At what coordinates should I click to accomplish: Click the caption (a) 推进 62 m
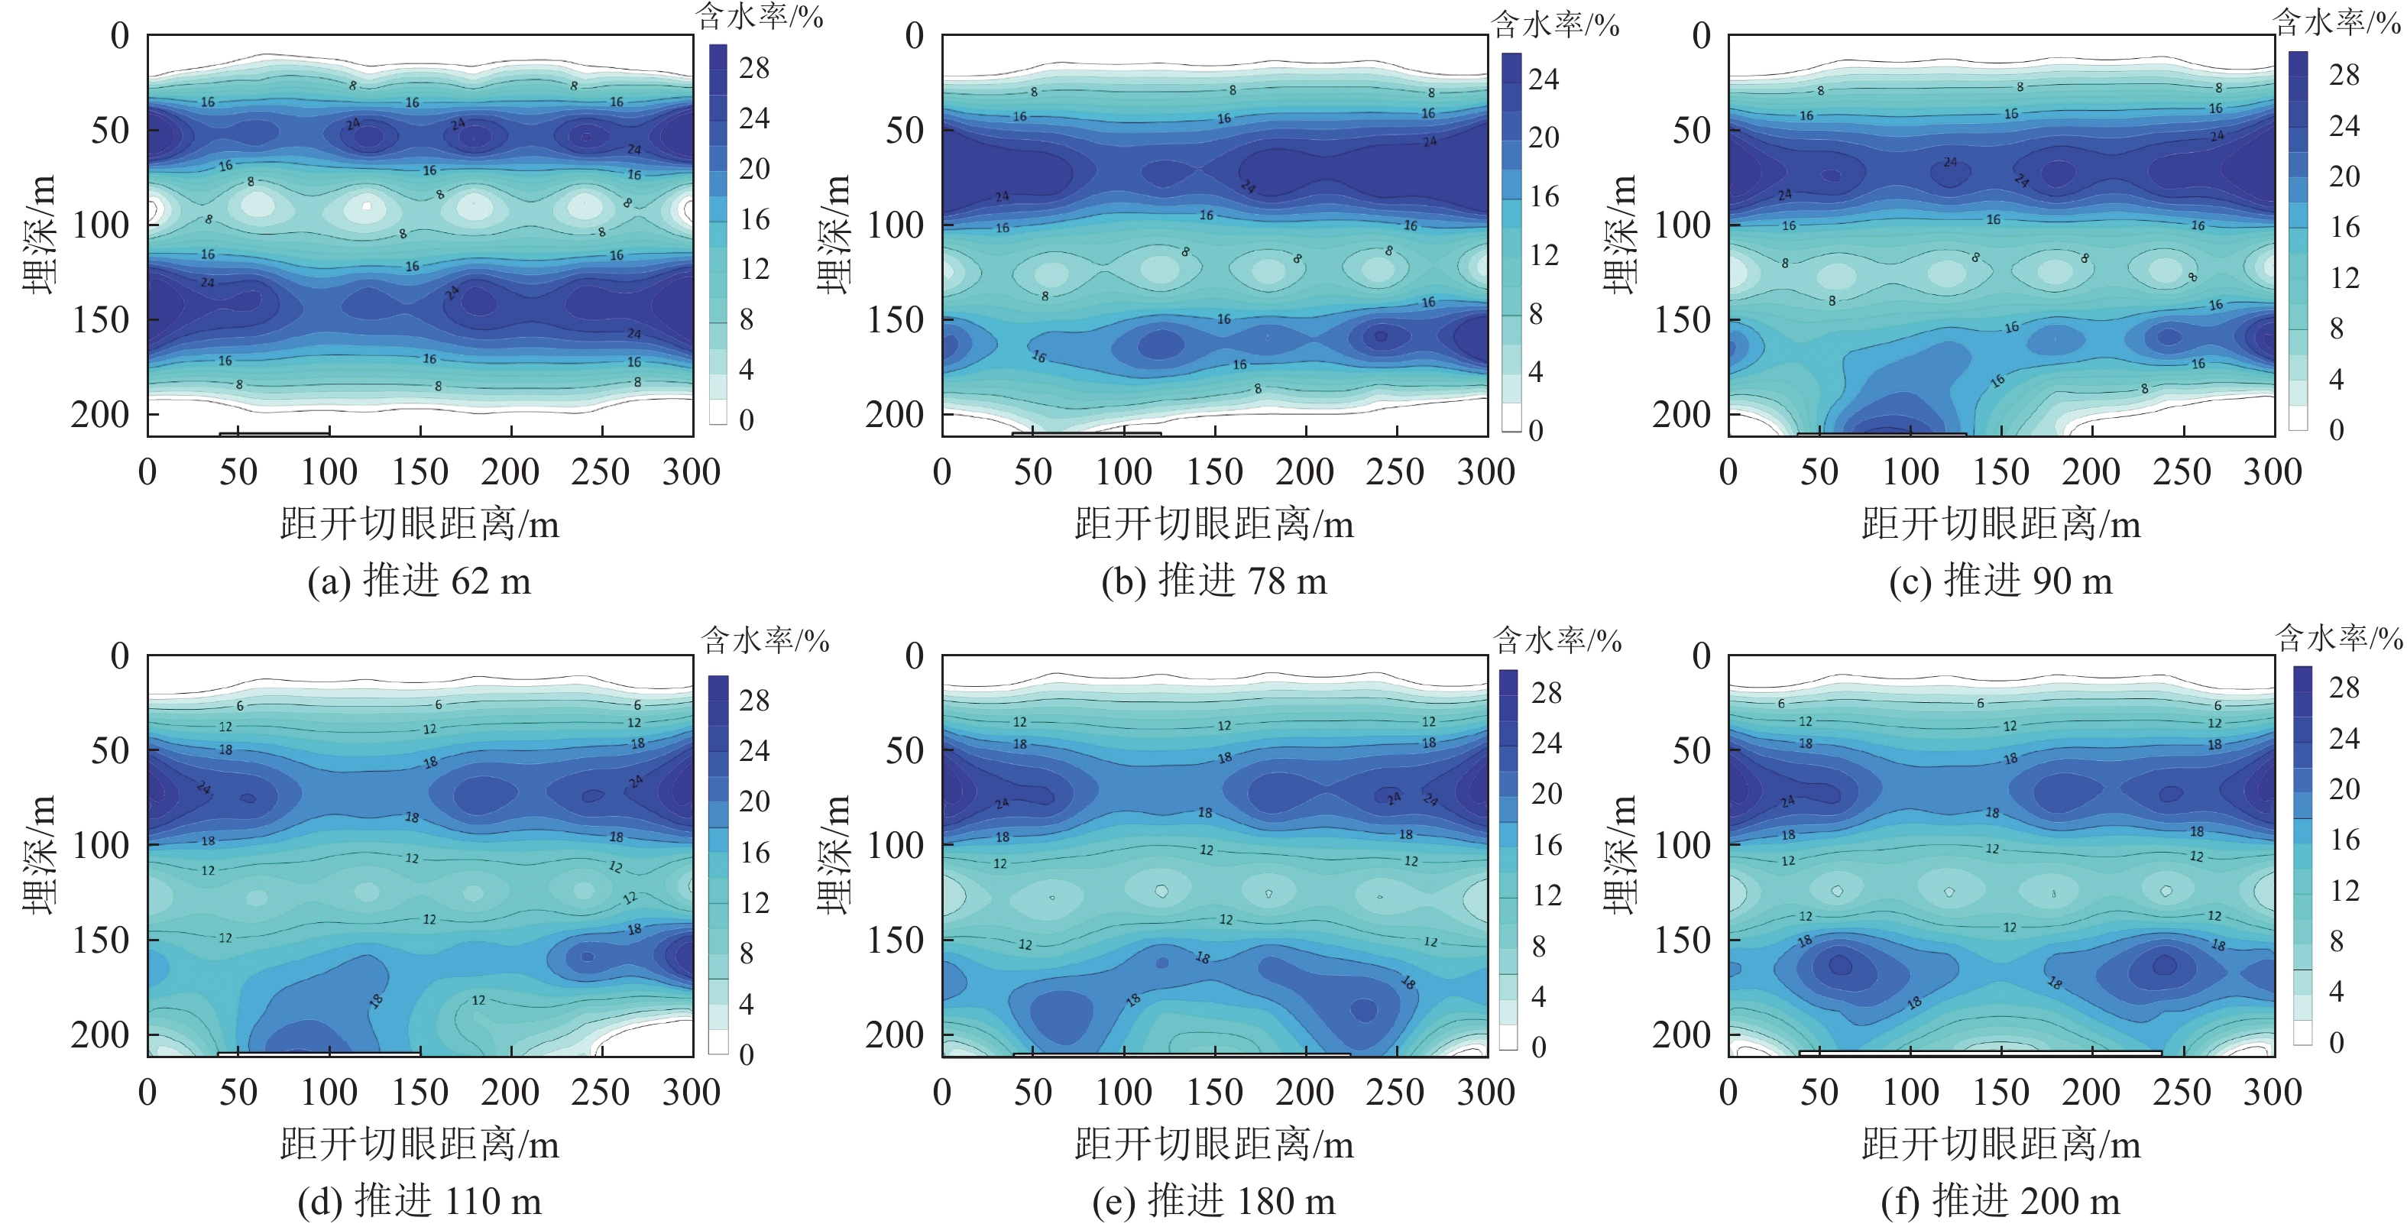pyautogui.click(x=419, y=581)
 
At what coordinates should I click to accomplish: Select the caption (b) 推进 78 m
pyautogui.click(x=1213, y=581)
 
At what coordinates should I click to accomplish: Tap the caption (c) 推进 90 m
pyautogui.click(x=2000, y=581)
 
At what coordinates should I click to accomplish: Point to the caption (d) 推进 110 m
pyautogui.click(x=419, y=1201)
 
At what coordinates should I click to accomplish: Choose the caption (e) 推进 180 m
pyautogui.click(x=1213, y=1201)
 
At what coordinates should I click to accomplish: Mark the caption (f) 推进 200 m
pyautogui.click(x=2000, y=1201)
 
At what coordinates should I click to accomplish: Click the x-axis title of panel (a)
pyautogui.click(x=420, y=524)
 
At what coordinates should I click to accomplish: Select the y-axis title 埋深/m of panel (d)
pyautogui.click(x=38, y=854)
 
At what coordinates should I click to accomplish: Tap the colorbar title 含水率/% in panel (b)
pyautogui.click(x=1555, y=25)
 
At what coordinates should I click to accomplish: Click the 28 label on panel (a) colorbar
pyautogui.click(x=754, y=67)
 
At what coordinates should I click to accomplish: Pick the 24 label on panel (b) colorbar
pyautogui.click(x=1544, y=79)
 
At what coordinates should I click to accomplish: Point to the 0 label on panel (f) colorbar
pyautogui.click(x=2336, y=1042)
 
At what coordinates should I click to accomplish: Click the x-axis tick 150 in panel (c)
pyautogui.click(x=2000, y=472)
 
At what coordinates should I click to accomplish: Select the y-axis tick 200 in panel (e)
pyautogui.click(x=894, y=1034)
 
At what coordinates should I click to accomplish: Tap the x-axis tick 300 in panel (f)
pyautogui.click(x=2273, y=1092)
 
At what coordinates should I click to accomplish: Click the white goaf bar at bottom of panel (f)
pyautogui.click(x=1980, y=1053)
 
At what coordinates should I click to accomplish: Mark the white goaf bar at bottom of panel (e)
pyautogui.click(x=1181, y=1054)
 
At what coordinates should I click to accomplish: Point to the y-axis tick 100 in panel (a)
pyautogui.click(x=101, y=225)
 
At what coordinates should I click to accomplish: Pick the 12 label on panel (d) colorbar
pyautogui.click(x=754, y=903)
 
